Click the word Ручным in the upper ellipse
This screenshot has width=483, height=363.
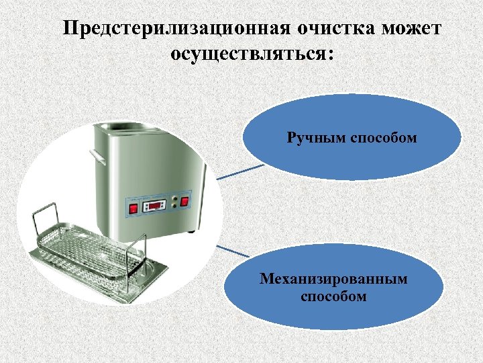pyautogui.click(x=317, y=138)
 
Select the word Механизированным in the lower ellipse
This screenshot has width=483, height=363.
pyautogui.click(x=333, y=279)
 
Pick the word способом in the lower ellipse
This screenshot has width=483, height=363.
pyautogui.click(x=333, y=296)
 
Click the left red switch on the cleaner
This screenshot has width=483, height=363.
pyautogui.click(x=133, y=208)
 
